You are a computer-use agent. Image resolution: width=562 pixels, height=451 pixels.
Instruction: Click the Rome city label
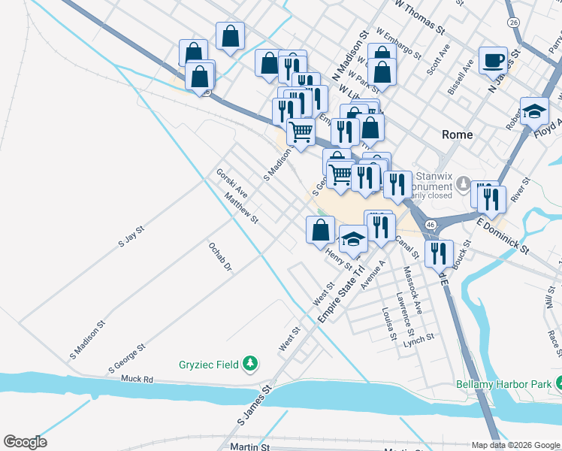(457, 135)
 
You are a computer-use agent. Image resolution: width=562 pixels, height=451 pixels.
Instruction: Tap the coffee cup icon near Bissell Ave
(493, 60)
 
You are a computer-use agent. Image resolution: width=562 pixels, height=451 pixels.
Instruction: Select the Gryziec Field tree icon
(251, 365)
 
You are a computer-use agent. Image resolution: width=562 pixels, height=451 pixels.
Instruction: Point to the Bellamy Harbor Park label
(503, 384)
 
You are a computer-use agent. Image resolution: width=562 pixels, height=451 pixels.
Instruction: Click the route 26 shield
(513, 23)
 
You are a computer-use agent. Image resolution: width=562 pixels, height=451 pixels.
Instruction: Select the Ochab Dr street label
(219, 257)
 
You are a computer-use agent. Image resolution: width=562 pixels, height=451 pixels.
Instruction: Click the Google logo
(25, 442)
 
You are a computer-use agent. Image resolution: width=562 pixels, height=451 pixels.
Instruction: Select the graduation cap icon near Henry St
(353, 239)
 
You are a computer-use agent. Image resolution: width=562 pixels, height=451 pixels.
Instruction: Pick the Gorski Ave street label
(232, 183)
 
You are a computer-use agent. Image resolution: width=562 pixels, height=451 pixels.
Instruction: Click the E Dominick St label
(503, 235)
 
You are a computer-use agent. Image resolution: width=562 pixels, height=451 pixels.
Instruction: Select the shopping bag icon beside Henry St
(320, 229)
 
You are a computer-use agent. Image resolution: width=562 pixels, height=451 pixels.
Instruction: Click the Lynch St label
(418, 339)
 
